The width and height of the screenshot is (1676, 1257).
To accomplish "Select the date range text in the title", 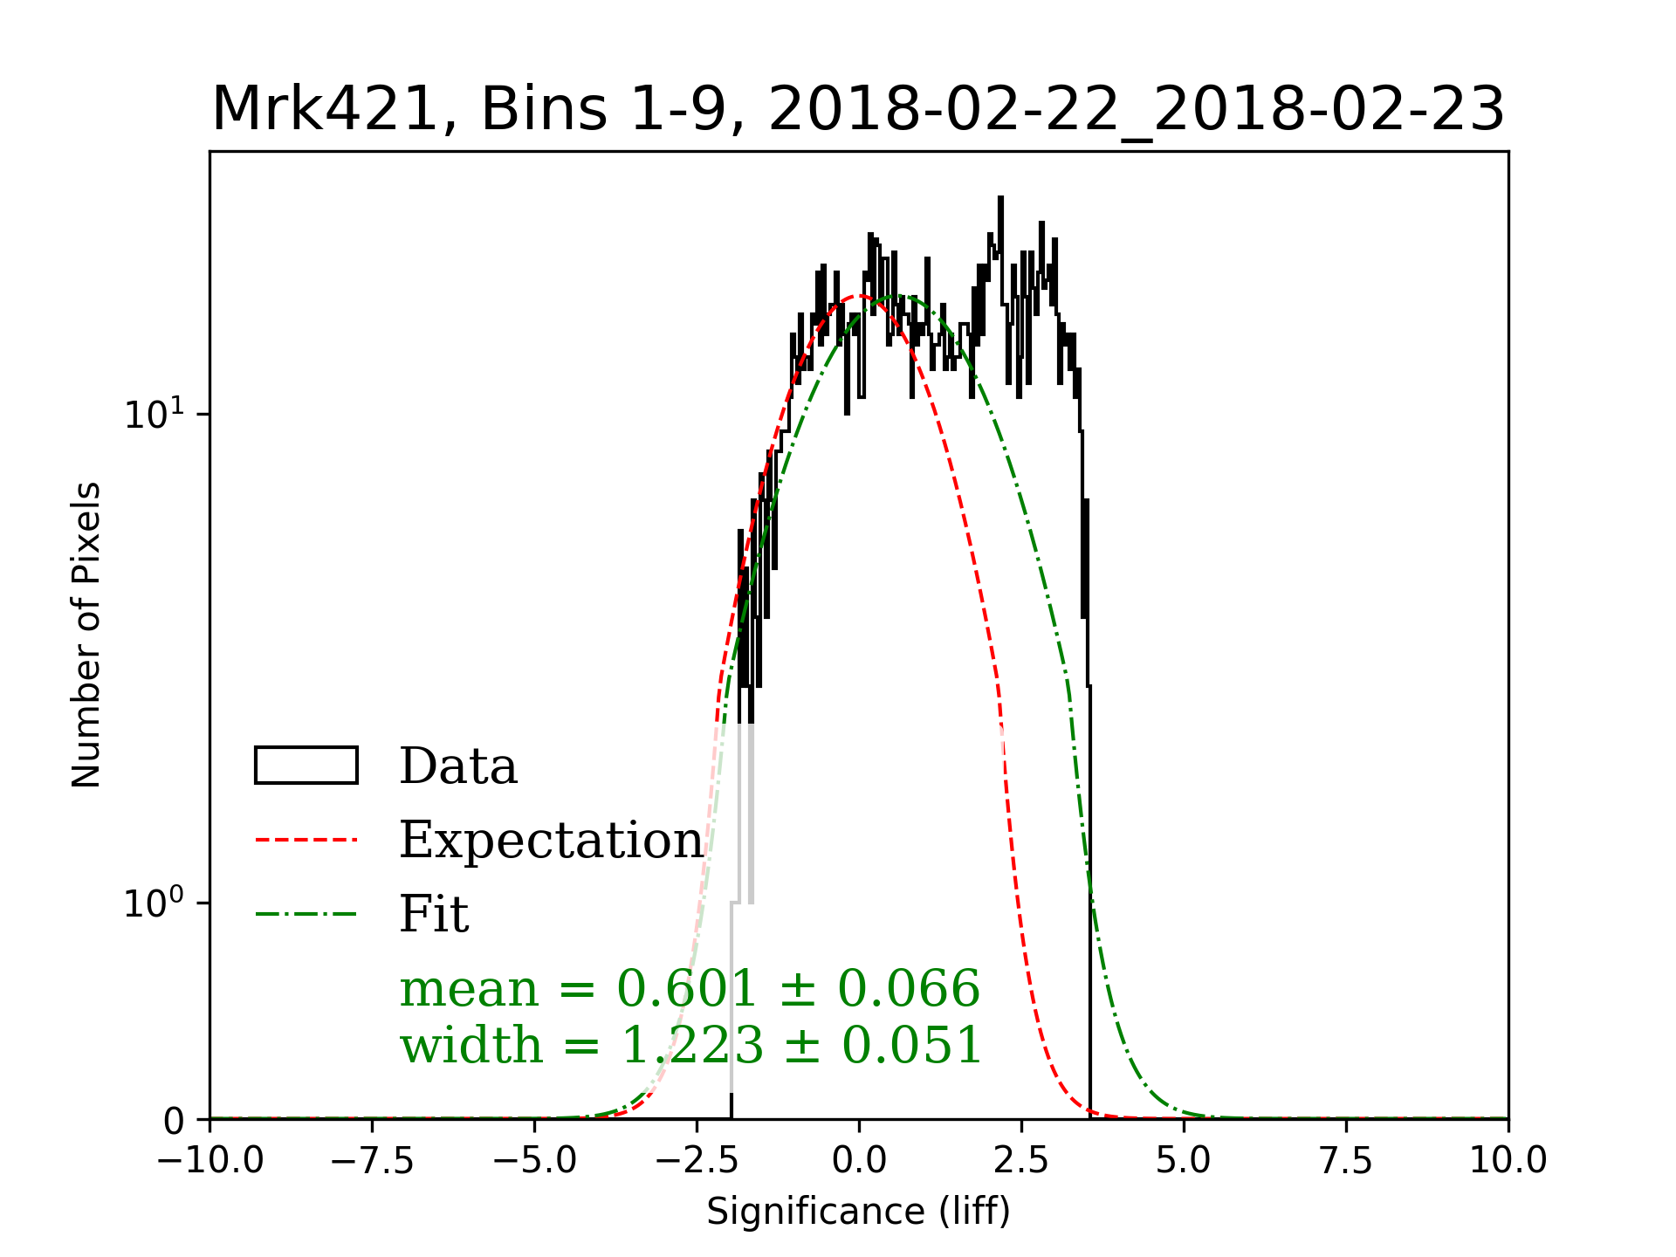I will click(1137, 110).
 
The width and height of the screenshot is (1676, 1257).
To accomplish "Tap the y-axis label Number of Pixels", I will click(86, 635).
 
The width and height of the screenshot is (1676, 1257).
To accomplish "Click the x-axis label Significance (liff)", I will click(858, 1212).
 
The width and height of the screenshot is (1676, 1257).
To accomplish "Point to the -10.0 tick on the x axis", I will click(210, 1161).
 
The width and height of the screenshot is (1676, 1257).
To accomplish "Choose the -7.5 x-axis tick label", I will click(372, 1161).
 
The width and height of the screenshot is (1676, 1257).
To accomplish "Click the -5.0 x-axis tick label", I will click(534, 1161).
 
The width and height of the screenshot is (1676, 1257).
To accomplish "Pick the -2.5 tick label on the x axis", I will click(697, 1161).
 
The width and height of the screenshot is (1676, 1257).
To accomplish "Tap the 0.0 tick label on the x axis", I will click(859, 1161).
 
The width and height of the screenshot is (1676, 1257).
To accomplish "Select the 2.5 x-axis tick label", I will click(1021, 1161).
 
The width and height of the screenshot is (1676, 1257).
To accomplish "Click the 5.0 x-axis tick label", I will click(1184, 1161).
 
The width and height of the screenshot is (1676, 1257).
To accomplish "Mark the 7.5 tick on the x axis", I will click(1346, 1161).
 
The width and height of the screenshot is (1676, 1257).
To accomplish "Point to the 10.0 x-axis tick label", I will click(1508, 1161).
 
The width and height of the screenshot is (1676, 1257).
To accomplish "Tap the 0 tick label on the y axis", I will click(174, 1121).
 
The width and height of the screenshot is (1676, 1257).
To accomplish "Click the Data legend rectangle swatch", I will click(306, 766).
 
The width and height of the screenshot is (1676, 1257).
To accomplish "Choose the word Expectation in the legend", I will click(551, 840).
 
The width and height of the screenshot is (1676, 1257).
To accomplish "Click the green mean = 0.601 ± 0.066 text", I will click(690, 988).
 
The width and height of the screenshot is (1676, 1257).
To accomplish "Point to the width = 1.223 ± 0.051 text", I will click(691, 1045).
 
